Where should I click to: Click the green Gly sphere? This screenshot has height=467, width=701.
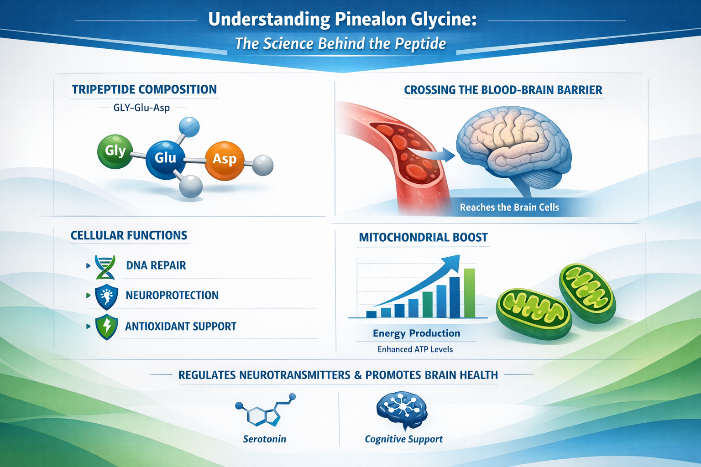(115, 151)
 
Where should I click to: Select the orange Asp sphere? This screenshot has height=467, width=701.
(224, 160)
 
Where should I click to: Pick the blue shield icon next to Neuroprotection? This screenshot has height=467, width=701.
(106, 297)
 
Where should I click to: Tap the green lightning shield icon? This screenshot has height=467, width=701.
(106, 327)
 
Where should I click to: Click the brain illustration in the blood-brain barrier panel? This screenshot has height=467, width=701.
(513, 146)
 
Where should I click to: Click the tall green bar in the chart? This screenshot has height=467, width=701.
(469, 293)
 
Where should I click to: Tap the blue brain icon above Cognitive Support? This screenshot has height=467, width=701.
(402, 410)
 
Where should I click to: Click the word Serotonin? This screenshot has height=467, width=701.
(265, 439)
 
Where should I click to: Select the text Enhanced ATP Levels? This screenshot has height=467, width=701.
(415, 349)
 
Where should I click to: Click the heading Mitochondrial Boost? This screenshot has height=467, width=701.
(423, 238)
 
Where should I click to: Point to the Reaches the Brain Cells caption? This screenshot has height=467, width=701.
(509, 208)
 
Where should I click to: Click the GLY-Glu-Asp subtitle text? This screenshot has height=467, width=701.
(141, 108)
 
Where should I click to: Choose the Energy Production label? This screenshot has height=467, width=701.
(416, 333)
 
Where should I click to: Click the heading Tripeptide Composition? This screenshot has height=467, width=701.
(144, 90)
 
